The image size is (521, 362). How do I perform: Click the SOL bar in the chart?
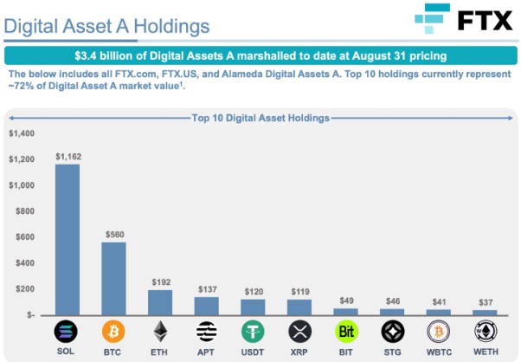68,239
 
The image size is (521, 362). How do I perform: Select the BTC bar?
113,278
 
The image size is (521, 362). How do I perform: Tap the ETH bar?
160,301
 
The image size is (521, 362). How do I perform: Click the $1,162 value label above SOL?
68,156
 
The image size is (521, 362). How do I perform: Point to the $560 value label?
114,234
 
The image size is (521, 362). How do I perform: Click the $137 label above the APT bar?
207,289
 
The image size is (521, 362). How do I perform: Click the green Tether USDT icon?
253,331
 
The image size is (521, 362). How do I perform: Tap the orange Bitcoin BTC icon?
113,331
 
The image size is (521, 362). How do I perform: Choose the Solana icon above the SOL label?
68,331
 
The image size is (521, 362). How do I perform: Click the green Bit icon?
346,331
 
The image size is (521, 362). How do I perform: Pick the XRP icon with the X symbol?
299,331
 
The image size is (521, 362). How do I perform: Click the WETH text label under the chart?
486,352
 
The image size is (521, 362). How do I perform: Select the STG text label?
393,352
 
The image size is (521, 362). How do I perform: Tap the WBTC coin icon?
439,331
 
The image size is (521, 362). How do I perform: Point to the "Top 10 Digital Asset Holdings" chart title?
260,116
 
